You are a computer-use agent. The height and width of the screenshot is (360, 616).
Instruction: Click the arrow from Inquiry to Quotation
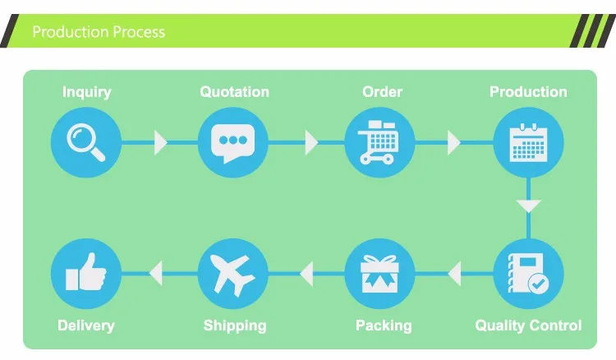(160, 142)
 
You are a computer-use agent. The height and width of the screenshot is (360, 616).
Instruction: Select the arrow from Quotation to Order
(311, 142)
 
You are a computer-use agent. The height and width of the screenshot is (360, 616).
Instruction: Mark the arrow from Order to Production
(453, 142)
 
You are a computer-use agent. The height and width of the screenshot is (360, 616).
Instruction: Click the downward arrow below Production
(528, 205)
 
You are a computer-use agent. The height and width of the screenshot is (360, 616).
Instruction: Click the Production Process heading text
(99, 32)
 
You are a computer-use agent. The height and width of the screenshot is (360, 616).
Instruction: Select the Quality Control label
(528, 325)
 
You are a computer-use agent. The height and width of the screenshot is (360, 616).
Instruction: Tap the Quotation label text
(234, 91)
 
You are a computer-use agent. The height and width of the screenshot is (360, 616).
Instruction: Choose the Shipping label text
(235, 325)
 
